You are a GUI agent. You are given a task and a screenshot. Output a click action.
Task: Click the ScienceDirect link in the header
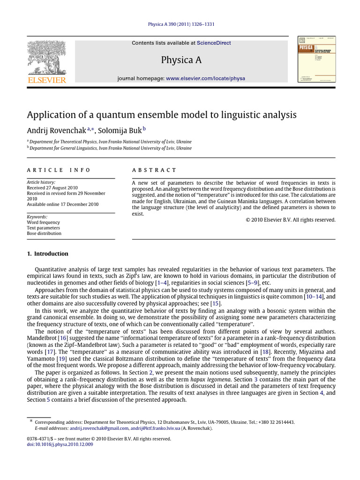tap(214, 43)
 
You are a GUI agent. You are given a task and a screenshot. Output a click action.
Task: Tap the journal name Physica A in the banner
tap(181, 60)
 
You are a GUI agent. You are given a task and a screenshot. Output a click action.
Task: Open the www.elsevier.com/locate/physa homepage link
tap(205, 78)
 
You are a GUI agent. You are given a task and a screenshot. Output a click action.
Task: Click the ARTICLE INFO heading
tap(59, 170)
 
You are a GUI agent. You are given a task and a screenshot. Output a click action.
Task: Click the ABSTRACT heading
tap(154, 170)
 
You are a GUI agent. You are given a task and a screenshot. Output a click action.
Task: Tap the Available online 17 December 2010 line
tap(62, 204)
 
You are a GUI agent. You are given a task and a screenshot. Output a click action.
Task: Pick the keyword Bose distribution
tap(44, 233)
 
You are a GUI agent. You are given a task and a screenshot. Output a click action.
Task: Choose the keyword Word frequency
tap(43, 222)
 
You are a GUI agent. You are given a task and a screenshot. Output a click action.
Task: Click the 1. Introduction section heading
tap(47, 254)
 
